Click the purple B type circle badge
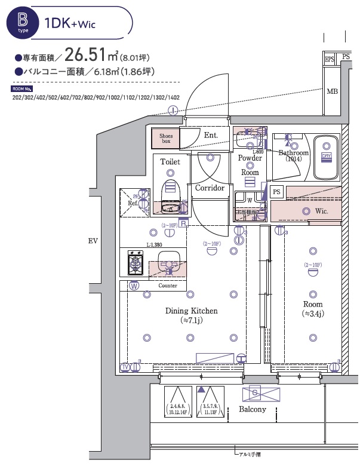tap(23, 23)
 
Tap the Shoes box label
tap(165, 139)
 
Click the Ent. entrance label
tap(211, 136)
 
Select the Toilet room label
tap(170, 161)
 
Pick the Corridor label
tap(210, 188)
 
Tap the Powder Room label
tap(250, 165)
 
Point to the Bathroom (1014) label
tap(294, 156)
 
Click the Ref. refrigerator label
tap(133, 203)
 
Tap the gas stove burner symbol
tap(135, 263)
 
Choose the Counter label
tap(168, 286)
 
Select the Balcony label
tap(253, 409)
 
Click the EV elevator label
tap(93, 241)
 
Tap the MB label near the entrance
tap(332, 92)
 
